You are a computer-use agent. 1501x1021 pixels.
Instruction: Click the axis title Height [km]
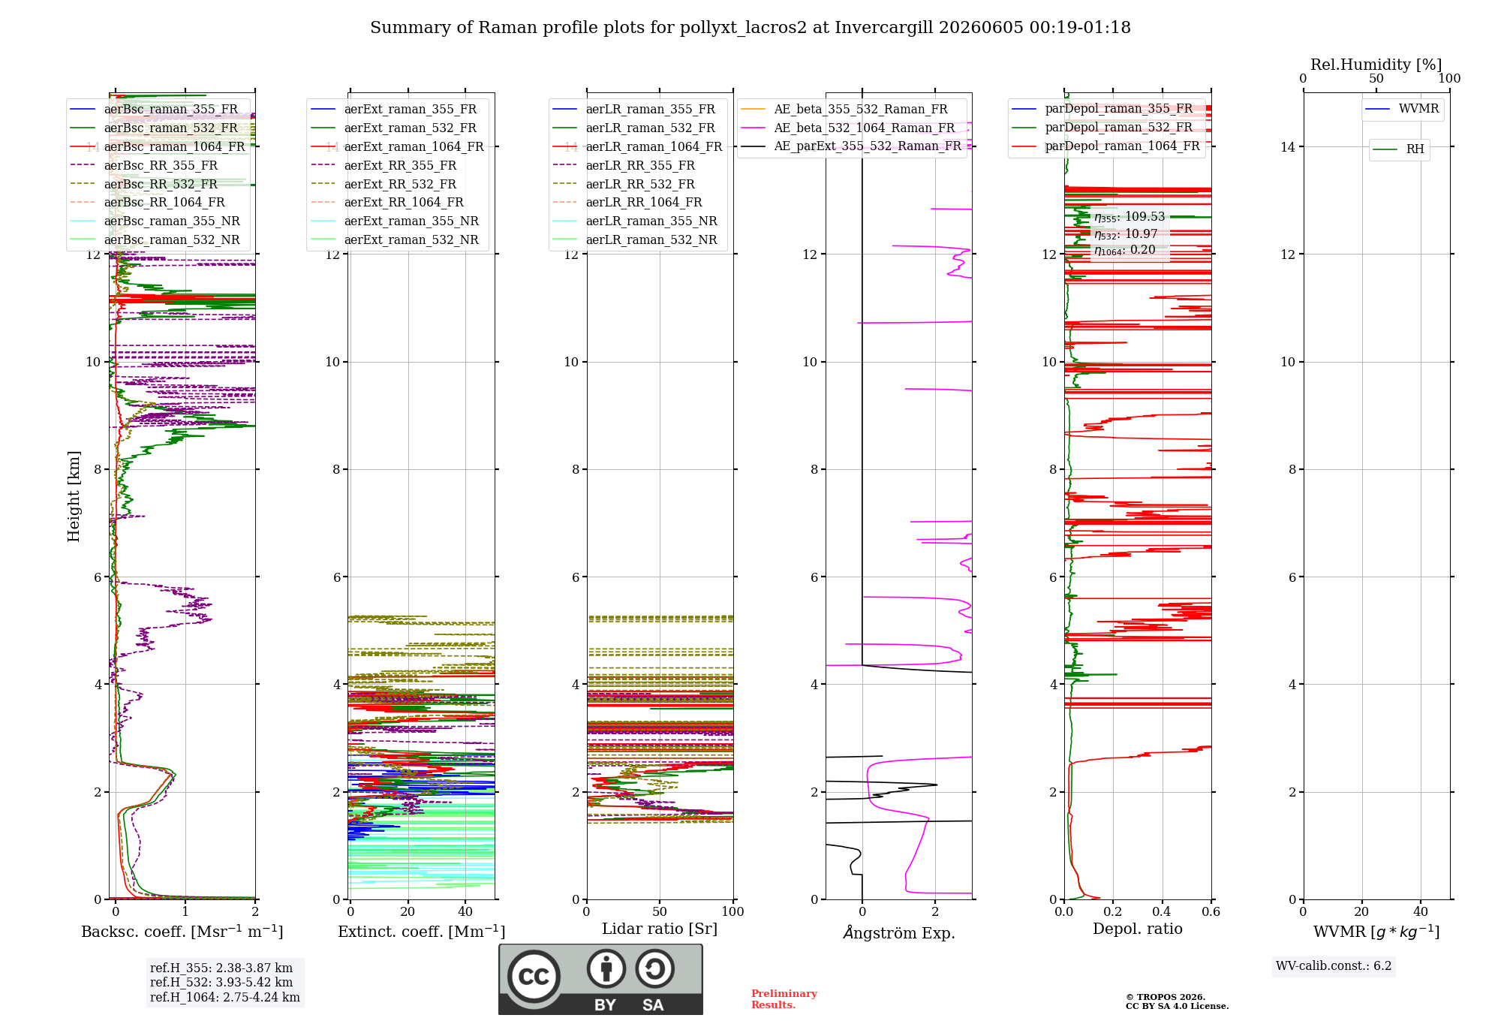tap(74, 496)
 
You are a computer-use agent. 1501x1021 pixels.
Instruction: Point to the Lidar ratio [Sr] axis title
tap(660, 929)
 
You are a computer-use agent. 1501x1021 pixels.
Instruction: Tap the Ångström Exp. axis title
tap(899, 932)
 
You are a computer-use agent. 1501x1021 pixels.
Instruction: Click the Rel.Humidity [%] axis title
tap(1376, 65)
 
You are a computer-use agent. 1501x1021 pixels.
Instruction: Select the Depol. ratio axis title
tap(1138, 929)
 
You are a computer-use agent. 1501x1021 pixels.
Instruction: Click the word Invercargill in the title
tap(884, 28)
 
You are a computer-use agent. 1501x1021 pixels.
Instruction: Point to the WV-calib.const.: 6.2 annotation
tap(1334, 966)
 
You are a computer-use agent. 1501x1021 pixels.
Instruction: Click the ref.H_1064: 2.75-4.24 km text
tap(225, 997)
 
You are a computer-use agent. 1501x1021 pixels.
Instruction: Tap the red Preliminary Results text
tap(784, 999)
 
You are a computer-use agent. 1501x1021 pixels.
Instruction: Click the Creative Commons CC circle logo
tap(534, 977)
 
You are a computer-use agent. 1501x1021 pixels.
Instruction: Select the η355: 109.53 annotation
tap(1130, 217)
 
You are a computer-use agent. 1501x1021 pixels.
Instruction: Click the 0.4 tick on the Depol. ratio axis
tap(1162, 911)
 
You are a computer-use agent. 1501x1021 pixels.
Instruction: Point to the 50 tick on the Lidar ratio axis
tap(660, 911)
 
